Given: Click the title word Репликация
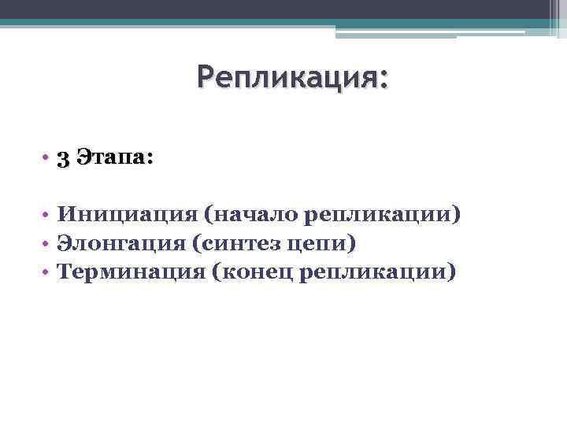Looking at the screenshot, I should pyautogui.click(x=288, y=79).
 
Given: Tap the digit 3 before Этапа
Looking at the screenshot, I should pyautogui.click(x=63, y=157).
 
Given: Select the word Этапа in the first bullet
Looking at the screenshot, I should pyautogui.click(x=109, y=157).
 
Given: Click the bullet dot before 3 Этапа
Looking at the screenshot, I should pyautogui.click(x=46, y=158).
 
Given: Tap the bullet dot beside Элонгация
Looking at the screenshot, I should pyautogui.click(x=46, y=244).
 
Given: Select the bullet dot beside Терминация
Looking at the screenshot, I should pyautogui.click(x=46, y=272).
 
